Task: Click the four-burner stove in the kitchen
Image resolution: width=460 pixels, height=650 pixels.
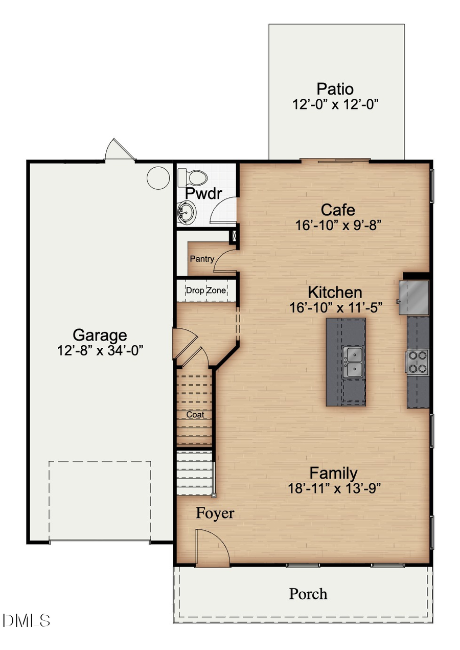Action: tap(418, 361)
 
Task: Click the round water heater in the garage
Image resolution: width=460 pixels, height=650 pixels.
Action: tap(158, 177)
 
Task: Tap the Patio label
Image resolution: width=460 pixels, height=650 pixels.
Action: tap(335, 89)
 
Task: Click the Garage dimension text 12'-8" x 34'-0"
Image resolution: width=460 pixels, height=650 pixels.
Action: tap(100, 351)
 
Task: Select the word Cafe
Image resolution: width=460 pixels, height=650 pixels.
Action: tap(338, 210)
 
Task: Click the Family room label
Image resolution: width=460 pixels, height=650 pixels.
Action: tap(334, 473)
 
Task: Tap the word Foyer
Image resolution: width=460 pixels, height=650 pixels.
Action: tap(215, 513)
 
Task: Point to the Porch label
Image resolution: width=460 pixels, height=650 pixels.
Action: tap(308, 594)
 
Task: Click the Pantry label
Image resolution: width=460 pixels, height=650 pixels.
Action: tap(202, 259)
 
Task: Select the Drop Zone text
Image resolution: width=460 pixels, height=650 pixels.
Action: tap(205, 290)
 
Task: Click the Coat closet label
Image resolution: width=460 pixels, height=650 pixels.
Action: tap(195, 414)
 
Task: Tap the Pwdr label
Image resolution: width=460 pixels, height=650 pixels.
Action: tap(204, 193)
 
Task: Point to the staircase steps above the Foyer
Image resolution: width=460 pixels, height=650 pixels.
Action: tap(194, 473)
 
